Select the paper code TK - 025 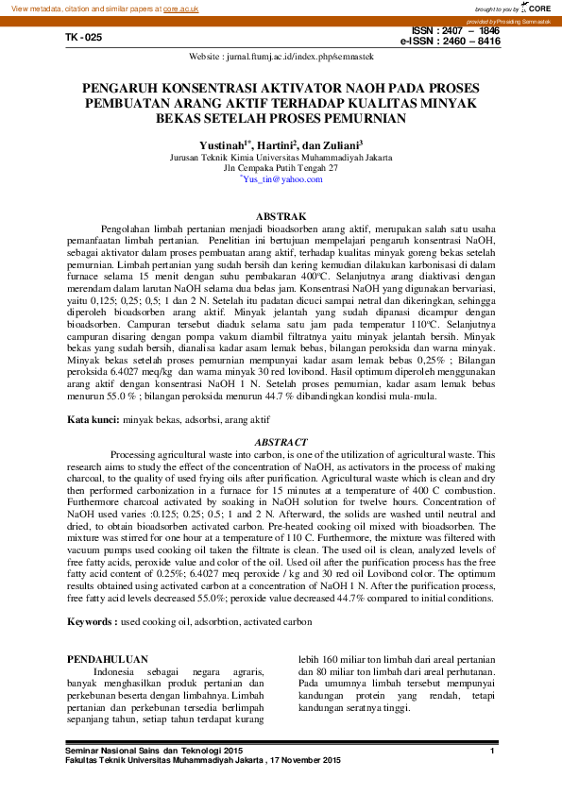[82, 38]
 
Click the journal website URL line [281, 58]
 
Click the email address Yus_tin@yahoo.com [281, 178]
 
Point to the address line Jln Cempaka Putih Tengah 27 [281, 168]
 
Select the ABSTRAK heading [281, 216]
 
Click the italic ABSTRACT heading [281, 442]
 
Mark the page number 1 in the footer [493, 750]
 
